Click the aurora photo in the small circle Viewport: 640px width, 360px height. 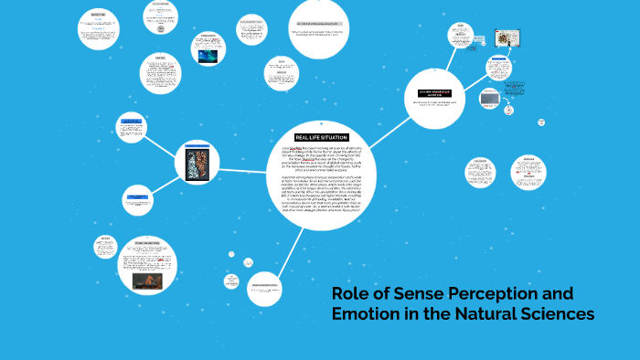click(209, 55)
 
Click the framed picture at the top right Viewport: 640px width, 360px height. click(502, 41)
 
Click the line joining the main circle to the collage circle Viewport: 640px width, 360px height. click(248, 168)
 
